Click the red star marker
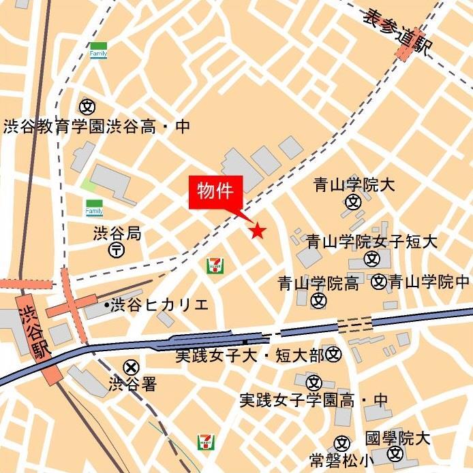(x=257, y=231)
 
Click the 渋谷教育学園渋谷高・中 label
(x=96, y=127)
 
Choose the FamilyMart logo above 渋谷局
(x=94, y=208)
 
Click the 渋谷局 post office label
(x=117, y=234)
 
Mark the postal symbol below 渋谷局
(x=117, y=250)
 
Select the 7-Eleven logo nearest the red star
(x=215, y=265)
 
